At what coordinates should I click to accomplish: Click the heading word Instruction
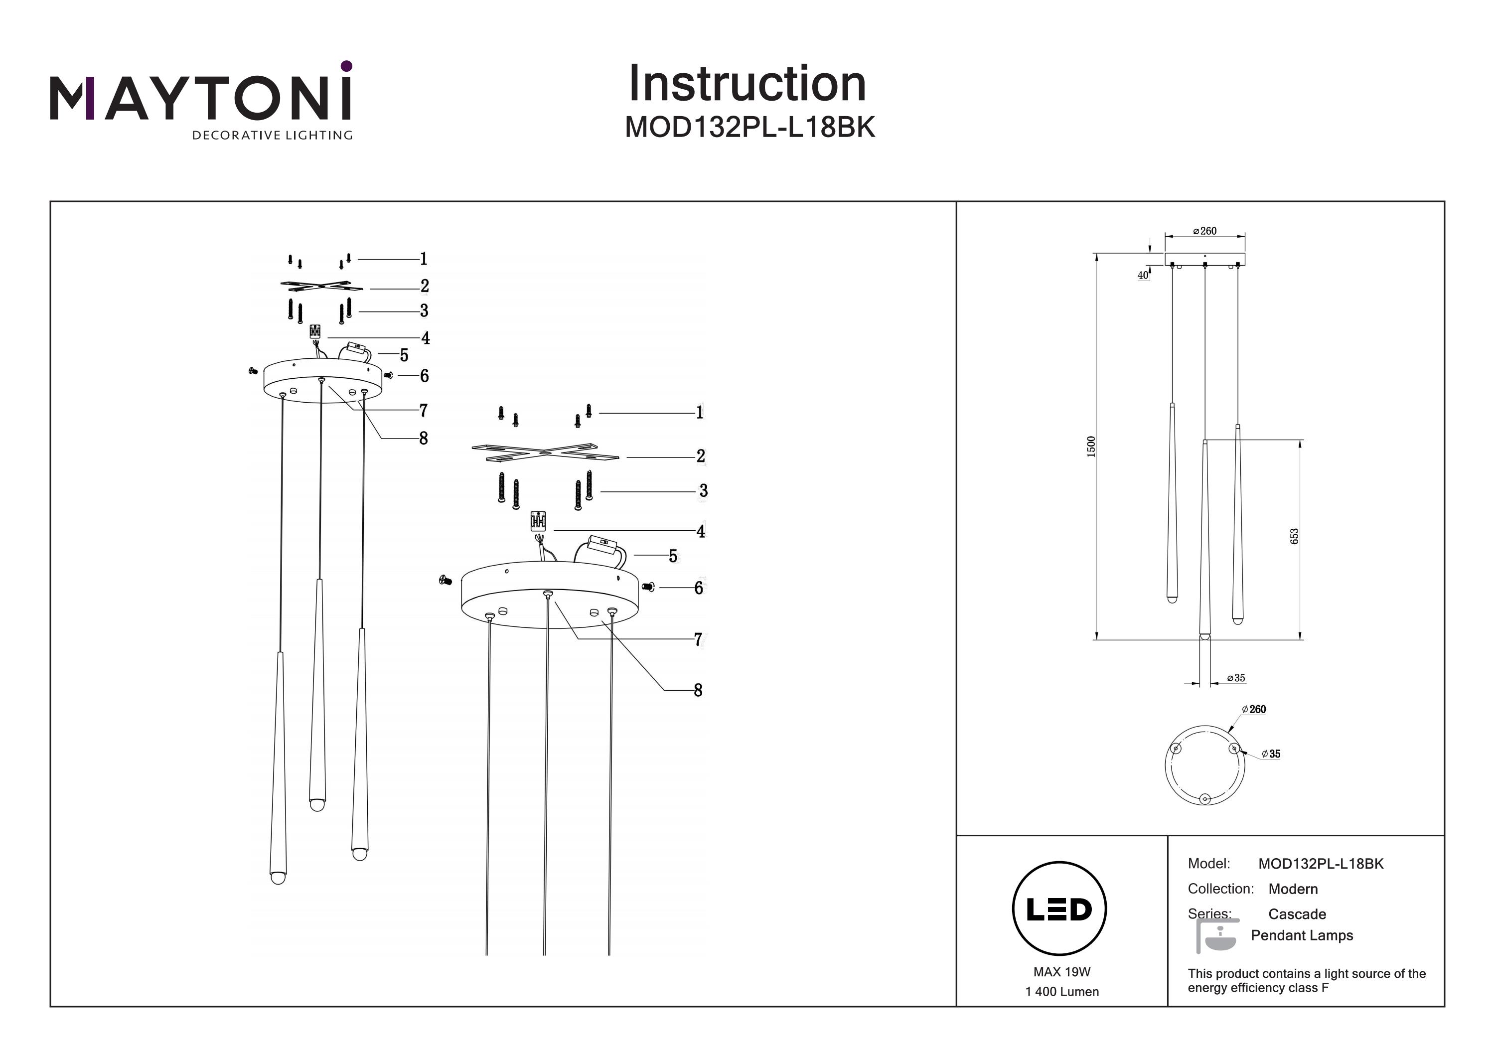[x=747, y=84]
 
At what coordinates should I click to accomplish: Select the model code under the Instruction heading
[x=749, y=128]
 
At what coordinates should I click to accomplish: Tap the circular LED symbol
[x=1059, y=909]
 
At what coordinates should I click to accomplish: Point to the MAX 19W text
[x=1061, y=972]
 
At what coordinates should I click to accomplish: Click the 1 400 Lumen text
[x=1061, y=992]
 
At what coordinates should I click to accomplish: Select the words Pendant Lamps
[x=1301, y=936]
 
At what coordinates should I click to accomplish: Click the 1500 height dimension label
[x=1091, y=446]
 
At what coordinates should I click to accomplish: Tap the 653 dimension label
[x=1294, y=536]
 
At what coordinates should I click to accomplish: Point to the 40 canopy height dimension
[x=1143, y=276]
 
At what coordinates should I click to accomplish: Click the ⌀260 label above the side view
[x=1204, y=231]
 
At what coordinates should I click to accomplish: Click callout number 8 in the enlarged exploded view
[x=698, y=690]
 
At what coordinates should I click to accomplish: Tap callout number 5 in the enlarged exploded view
[x=673, y=556]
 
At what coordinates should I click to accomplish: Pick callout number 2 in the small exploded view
[x=425, y=286]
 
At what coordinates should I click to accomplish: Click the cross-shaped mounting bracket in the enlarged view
[x=546, y=453]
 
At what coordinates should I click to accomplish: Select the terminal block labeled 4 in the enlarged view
[x=538, y=521]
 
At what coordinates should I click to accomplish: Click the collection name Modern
[x=1293, y=889]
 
